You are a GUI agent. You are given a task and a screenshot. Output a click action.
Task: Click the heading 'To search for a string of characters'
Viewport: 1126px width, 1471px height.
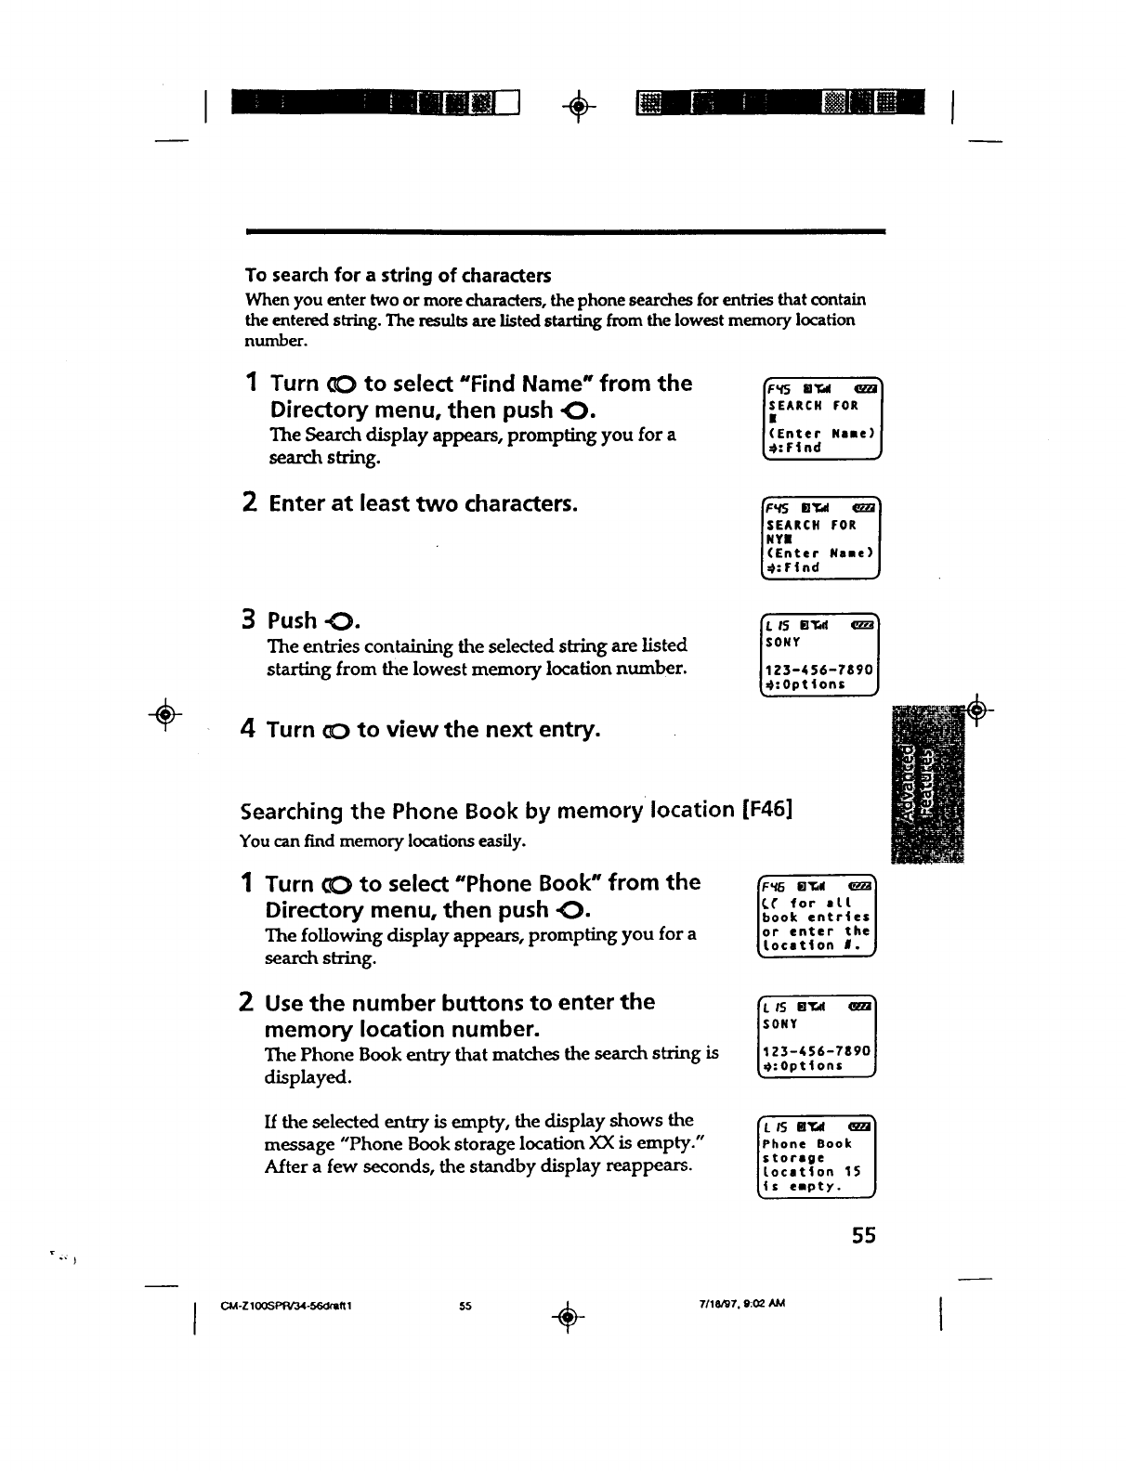(398, 276)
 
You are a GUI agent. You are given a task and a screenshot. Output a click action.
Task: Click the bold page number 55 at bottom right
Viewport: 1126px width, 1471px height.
(863, 1235)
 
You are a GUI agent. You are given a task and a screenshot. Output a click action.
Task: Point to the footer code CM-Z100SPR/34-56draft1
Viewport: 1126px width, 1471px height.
(284, 1305)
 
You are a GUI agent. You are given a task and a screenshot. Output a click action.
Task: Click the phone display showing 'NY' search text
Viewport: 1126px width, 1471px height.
(819, 539)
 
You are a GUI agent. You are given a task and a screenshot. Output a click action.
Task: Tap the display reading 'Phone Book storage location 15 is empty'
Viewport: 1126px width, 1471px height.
(818, 1156)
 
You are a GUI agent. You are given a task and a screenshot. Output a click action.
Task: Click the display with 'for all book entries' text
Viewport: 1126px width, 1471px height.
(818, 916)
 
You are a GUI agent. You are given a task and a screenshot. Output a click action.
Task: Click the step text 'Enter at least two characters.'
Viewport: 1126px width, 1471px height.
(423, 504)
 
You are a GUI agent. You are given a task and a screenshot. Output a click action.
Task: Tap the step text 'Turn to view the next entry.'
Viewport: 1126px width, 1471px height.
(433, 730)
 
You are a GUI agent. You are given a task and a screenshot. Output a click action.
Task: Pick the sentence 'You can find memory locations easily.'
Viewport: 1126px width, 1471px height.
(383, 841)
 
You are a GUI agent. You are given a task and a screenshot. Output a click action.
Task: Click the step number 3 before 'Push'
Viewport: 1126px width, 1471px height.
(248, 619)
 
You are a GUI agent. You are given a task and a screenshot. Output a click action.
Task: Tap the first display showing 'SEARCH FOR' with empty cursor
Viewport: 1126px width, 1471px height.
(819, 419)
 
